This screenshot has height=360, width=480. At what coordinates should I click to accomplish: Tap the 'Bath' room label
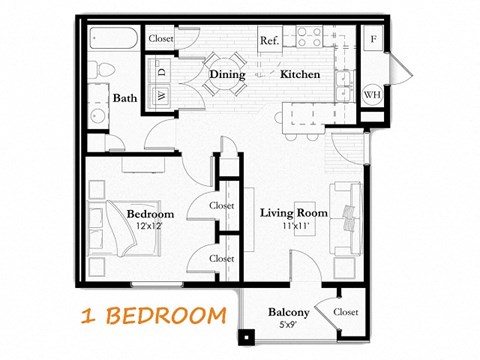pos(125,98)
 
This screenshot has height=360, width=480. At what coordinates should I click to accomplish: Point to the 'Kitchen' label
pos(299,74)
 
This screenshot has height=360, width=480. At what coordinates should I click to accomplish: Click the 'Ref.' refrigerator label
pos(269,41)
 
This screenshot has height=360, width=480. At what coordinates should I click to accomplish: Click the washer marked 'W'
pos(160,96)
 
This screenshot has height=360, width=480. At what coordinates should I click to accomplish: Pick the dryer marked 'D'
pos(160,72)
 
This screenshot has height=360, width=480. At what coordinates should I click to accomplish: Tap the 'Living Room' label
pos(294,213)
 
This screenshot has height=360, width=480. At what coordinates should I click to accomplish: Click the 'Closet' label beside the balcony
pos(346,313)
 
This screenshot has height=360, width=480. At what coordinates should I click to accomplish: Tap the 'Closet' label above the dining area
pos(161,38)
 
